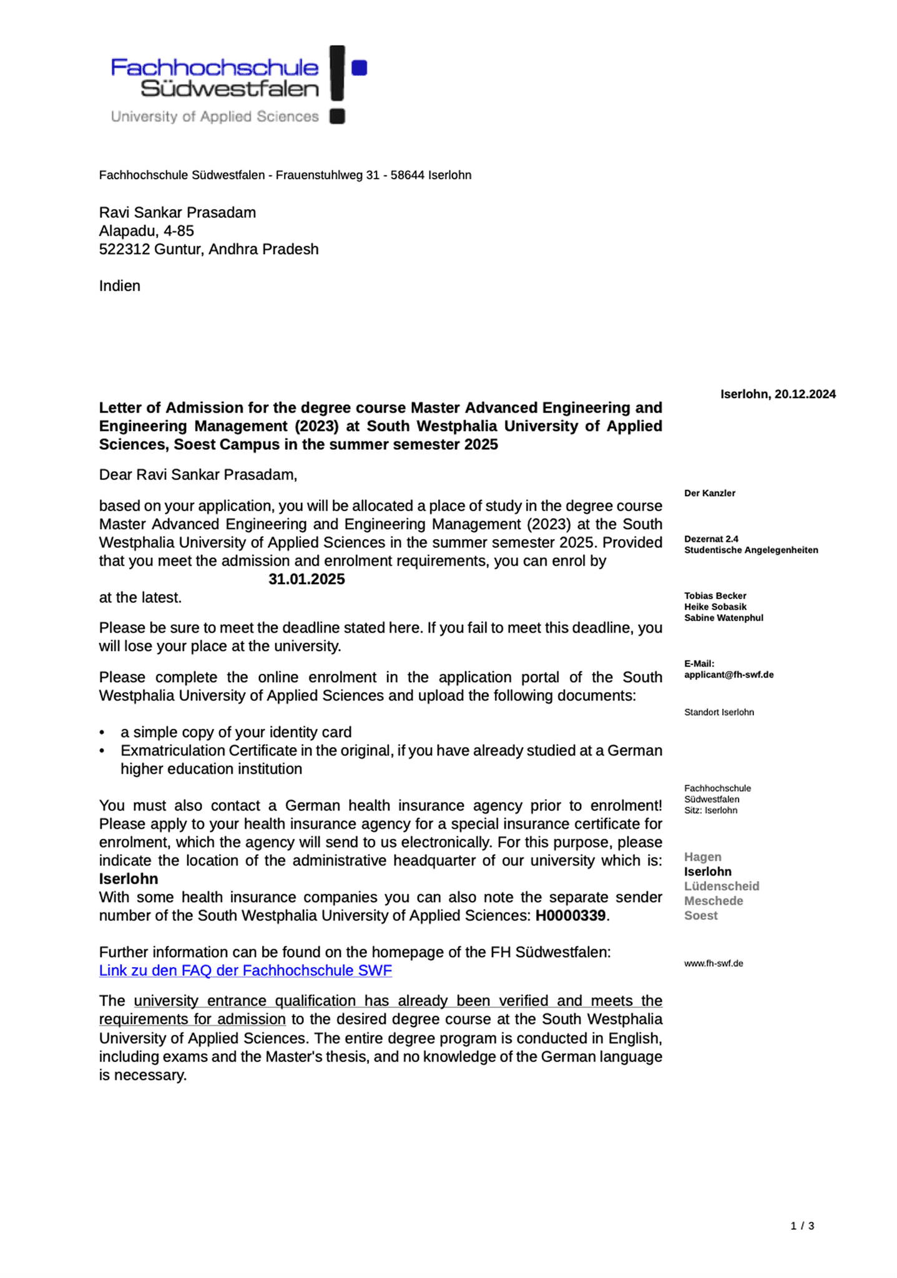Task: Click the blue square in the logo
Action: pyautogui.click(x=359, y=67)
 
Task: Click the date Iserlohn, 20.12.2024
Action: pyautogui.click(x=777, y=394)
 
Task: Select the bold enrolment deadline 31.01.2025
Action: pyautogui.click(x=306, y=579)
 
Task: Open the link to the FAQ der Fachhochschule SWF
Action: pyautogui.click(x=245, y=970)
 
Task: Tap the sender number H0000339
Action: pyautogui.click(x=570, y=915)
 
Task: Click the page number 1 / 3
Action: pyautogui.click(x=802, y=1226)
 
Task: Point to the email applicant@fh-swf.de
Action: pyautogui.click(x=728, y=675)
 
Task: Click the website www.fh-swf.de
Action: pyautogui.click(x=713, y=963)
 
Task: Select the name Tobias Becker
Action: pyautogui.click(x=715, y=595)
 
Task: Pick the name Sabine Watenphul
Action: pyautogui.click(x=723, y=618)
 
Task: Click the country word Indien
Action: pyautogui.click(x=120, y=286)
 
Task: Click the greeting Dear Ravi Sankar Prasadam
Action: pyautogui.click(x=198, y=475)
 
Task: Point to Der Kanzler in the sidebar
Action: pyautogui.click(x=709, y=493)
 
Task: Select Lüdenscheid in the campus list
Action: pyautogui.click(x=721, y=886)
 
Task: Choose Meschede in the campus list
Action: pyautogui.click(x=713, y=900)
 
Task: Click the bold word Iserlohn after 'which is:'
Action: pyautogui.click(x=129, y=879)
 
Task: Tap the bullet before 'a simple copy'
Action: pyautogui.click(x=102, y=733)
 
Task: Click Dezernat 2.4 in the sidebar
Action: pyautogui.click(x=711, y=539)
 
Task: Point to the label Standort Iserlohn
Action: pyautogui.click(x=718, y=712)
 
